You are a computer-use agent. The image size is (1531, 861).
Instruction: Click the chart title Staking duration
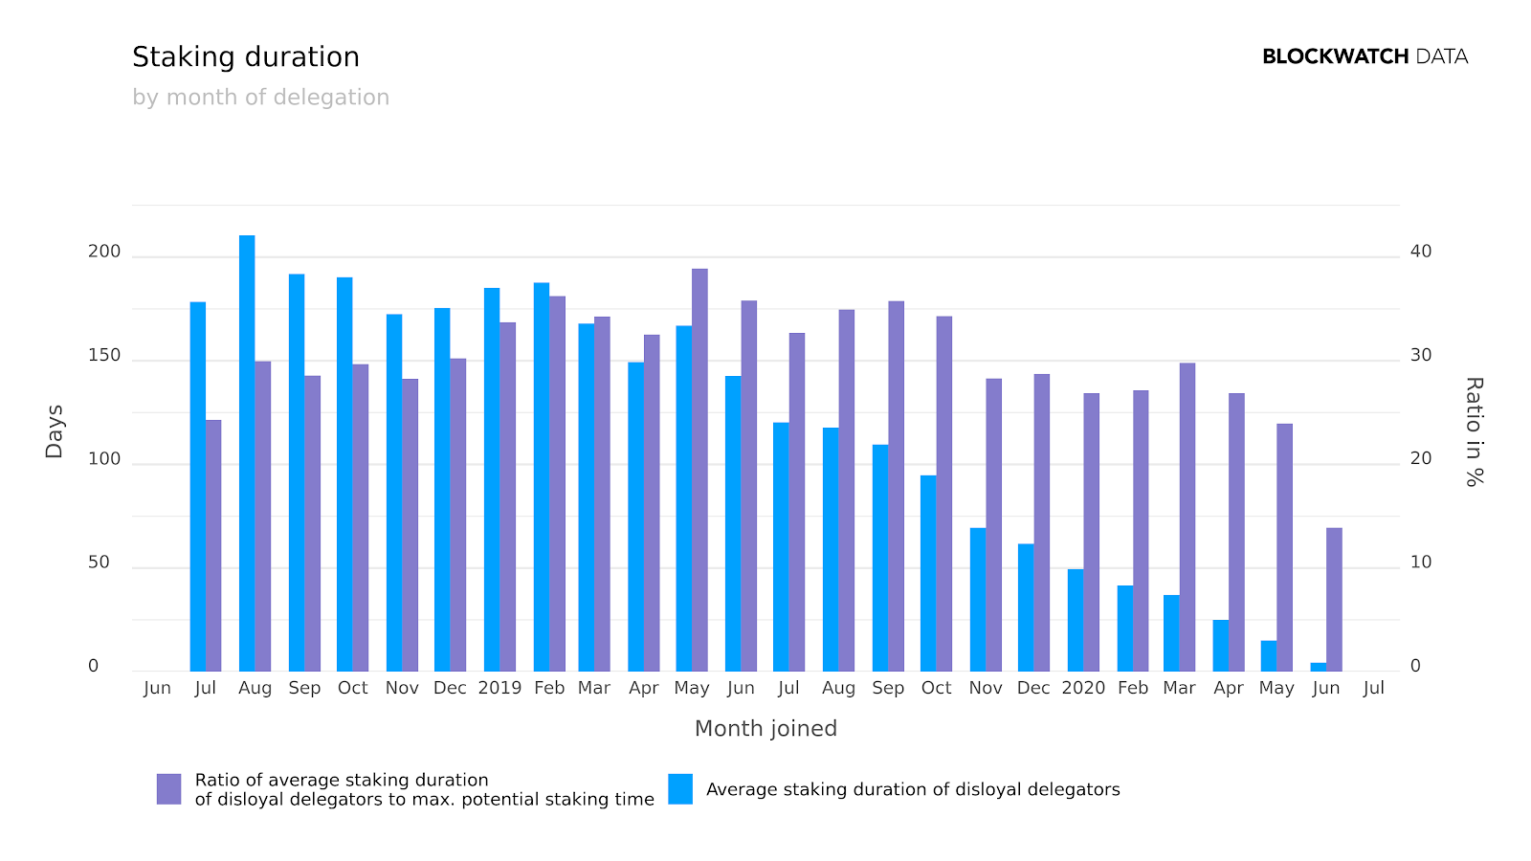point(246,57)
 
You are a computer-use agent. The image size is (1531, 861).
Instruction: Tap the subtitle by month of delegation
point(260,98)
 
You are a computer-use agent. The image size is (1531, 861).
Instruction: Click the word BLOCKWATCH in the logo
point(1335,56)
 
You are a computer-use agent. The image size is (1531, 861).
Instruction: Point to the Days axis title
point(55,431)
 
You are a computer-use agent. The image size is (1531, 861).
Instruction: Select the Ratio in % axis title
point(1474,431)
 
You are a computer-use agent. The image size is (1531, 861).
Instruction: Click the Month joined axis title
point(765,729)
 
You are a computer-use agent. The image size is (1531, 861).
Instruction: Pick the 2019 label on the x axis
point(499,688)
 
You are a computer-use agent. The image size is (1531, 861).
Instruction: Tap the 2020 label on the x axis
point(1083,688)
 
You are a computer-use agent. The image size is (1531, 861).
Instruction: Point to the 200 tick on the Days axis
point(104,252)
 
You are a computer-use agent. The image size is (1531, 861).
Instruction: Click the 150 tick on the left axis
point(104,356)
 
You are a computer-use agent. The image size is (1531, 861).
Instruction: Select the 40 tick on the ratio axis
point(1421,252)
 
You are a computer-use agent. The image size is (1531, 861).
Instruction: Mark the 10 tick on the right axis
point(1421,563)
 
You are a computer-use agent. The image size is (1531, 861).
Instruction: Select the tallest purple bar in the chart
point(699,470)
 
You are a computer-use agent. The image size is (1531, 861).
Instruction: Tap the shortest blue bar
point(1319,667)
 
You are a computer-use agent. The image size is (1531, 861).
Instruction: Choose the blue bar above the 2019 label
point(492,479)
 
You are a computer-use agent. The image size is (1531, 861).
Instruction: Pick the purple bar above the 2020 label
point(1092,532)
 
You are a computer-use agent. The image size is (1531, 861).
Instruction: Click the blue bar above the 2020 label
point(1076,620)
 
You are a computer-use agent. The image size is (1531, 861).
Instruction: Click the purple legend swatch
point(169,789)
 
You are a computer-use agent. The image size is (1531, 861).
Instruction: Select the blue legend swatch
point(680,789)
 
